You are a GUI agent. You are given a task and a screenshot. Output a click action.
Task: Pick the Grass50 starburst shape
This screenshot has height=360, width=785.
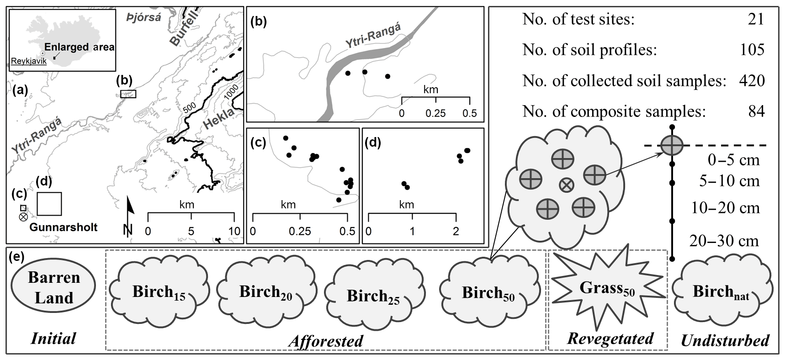607,288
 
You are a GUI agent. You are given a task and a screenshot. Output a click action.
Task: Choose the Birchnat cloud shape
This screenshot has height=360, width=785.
721,291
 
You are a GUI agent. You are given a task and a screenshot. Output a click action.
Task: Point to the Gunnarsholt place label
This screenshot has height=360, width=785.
64,227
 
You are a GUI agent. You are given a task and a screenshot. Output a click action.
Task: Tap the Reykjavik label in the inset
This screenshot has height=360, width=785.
28,61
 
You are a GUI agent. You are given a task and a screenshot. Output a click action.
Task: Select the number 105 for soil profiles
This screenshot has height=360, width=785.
752,50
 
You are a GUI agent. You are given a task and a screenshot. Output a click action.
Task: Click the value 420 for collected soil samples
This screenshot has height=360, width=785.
752,80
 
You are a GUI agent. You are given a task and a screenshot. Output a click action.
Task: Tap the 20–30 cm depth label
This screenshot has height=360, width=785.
724,241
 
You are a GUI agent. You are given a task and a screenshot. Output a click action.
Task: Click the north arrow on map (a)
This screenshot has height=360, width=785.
130,215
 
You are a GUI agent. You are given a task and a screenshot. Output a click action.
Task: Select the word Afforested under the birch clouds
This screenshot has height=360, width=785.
326,341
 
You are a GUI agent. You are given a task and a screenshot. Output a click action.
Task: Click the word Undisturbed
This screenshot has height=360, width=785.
725,340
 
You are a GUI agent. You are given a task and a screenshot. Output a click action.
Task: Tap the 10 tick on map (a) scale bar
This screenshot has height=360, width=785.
234,231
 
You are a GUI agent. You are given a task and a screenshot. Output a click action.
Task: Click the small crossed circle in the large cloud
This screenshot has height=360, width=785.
566,185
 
